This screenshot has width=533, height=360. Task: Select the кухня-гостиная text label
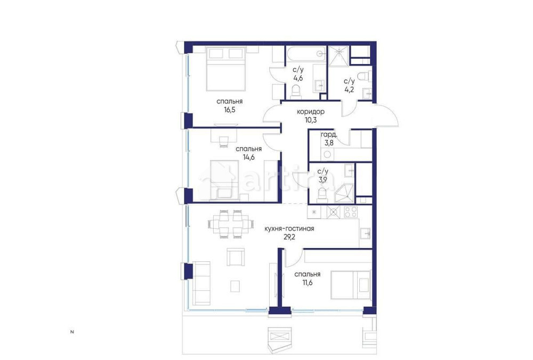(x=289, y=229)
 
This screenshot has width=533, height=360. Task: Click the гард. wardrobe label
(x=328, y=135)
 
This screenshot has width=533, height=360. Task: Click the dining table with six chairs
(x=230, y=223)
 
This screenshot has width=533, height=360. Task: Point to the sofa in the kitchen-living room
(x=202, y=283)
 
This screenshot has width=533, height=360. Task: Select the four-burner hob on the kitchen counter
(x=350, y=212)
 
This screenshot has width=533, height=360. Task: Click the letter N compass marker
(x=72, y=333)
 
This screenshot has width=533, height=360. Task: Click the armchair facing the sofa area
(x=235, y=258)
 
